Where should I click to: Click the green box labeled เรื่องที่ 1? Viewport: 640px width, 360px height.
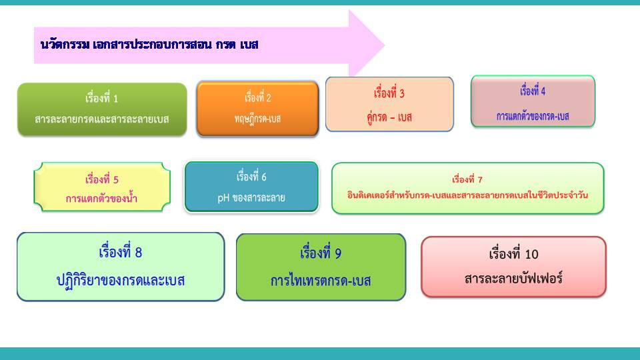[102, 109]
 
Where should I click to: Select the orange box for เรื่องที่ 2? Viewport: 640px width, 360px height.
[257, 109]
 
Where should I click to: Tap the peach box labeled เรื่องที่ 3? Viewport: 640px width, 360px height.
[389, 104]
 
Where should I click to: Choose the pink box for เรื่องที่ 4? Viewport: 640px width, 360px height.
[533, 101]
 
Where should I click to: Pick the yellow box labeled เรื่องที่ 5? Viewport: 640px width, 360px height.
[102, 187]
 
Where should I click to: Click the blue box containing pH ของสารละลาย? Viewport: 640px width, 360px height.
[251, 187]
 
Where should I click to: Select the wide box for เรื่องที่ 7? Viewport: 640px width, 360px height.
[468, 188]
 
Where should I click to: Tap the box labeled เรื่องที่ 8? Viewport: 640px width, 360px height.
[121, 267]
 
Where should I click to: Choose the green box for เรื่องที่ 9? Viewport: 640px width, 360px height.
[321, 267]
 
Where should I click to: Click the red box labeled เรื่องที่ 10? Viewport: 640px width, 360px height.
[513, 267]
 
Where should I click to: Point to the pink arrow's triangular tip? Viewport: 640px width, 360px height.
[384, 45]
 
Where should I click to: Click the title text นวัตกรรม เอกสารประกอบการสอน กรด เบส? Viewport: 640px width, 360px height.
[149, 45]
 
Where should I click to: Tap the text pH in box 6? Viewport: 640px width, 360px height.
[223, 199]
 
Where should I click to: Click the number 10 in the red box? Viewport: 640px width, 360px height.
[531, 254]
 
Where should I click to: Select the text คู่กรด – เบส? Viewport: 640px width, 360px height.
[389, 117]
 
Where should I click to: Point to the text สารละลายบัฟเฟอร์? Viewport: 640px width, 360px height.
[513, 279]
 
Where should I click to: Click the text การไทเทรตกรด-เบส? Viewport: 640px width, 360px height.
[321, 281]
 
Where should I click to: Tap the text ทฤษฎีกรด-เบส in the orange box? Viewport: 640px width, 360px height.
[257, 119]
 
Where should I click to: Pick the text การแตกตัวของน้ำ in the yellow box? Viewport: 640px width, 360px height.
[101, 199]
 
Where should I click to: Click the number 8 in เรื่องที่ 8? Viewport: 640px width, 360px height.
[139, 253]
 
